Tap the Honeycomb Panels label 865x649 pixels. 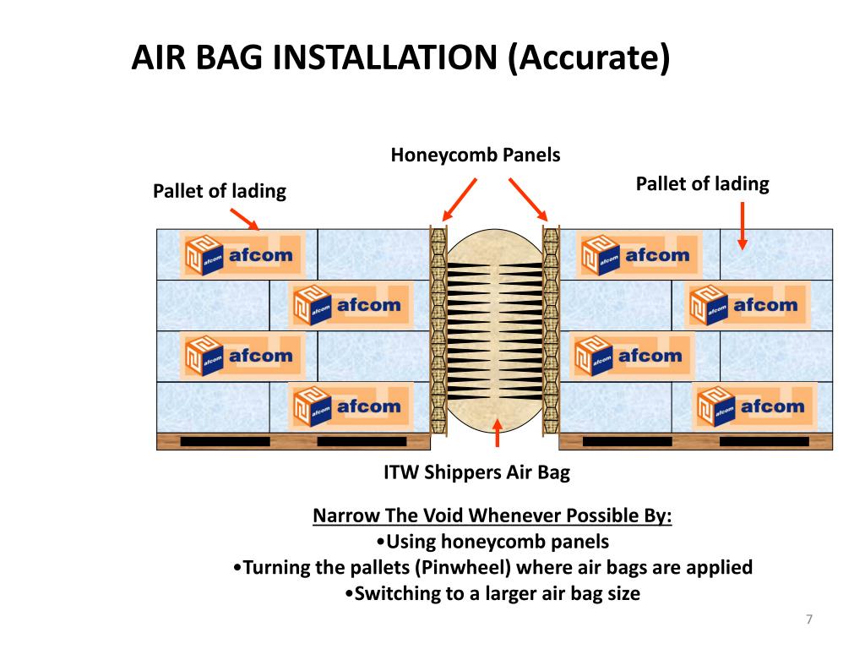[476, 155]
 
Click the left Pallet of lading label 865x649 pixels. [220, 192]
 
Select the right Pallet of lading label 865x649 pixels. [702, 184]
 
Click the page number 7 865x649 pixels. [809, 620]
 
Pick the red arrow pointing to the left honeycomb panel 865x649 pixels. [460, 199]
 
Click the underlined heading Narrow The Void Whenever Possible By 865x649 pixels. [492, 516]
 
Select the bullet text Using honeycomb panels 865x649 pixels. [492, 542]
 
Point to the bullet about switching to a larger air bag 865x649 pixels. [493, 593]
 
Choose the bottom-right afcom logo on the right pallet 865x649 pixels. [753, 406]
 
